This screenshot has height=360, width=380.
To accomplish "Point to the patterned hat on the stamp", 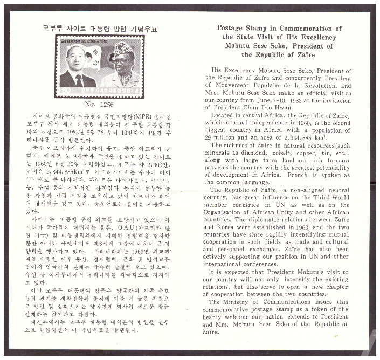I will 123,47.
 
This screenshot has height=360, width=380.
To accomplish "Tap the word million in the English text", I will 227,130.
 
